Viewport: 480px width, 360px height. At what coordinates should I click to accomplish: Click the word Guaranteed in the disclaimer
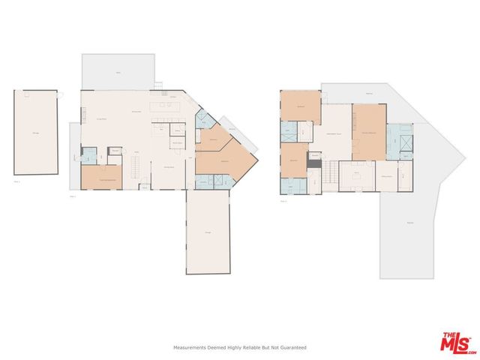click(x=292, y=347)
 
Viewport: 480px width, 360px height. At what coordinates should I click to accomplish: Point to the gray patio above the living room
click(x=118, y=71)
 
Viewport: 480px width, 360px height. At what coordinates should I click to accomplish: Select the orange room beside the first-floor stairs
click(x=102, y=178)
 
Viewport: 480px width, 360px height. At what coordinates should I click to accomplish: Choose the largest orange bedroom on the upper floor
click(x=368, y=131)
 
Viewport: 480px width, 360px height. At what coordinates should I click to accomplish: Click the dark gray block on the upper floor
click(x=314, y=164)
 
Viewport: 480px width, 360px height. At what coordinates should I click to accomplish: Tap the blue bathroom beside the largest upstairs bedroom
click(x=400, y=139)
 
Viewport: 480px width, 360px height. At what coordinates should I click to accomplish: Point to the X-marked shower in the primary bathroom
click(x=406, y=142)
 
